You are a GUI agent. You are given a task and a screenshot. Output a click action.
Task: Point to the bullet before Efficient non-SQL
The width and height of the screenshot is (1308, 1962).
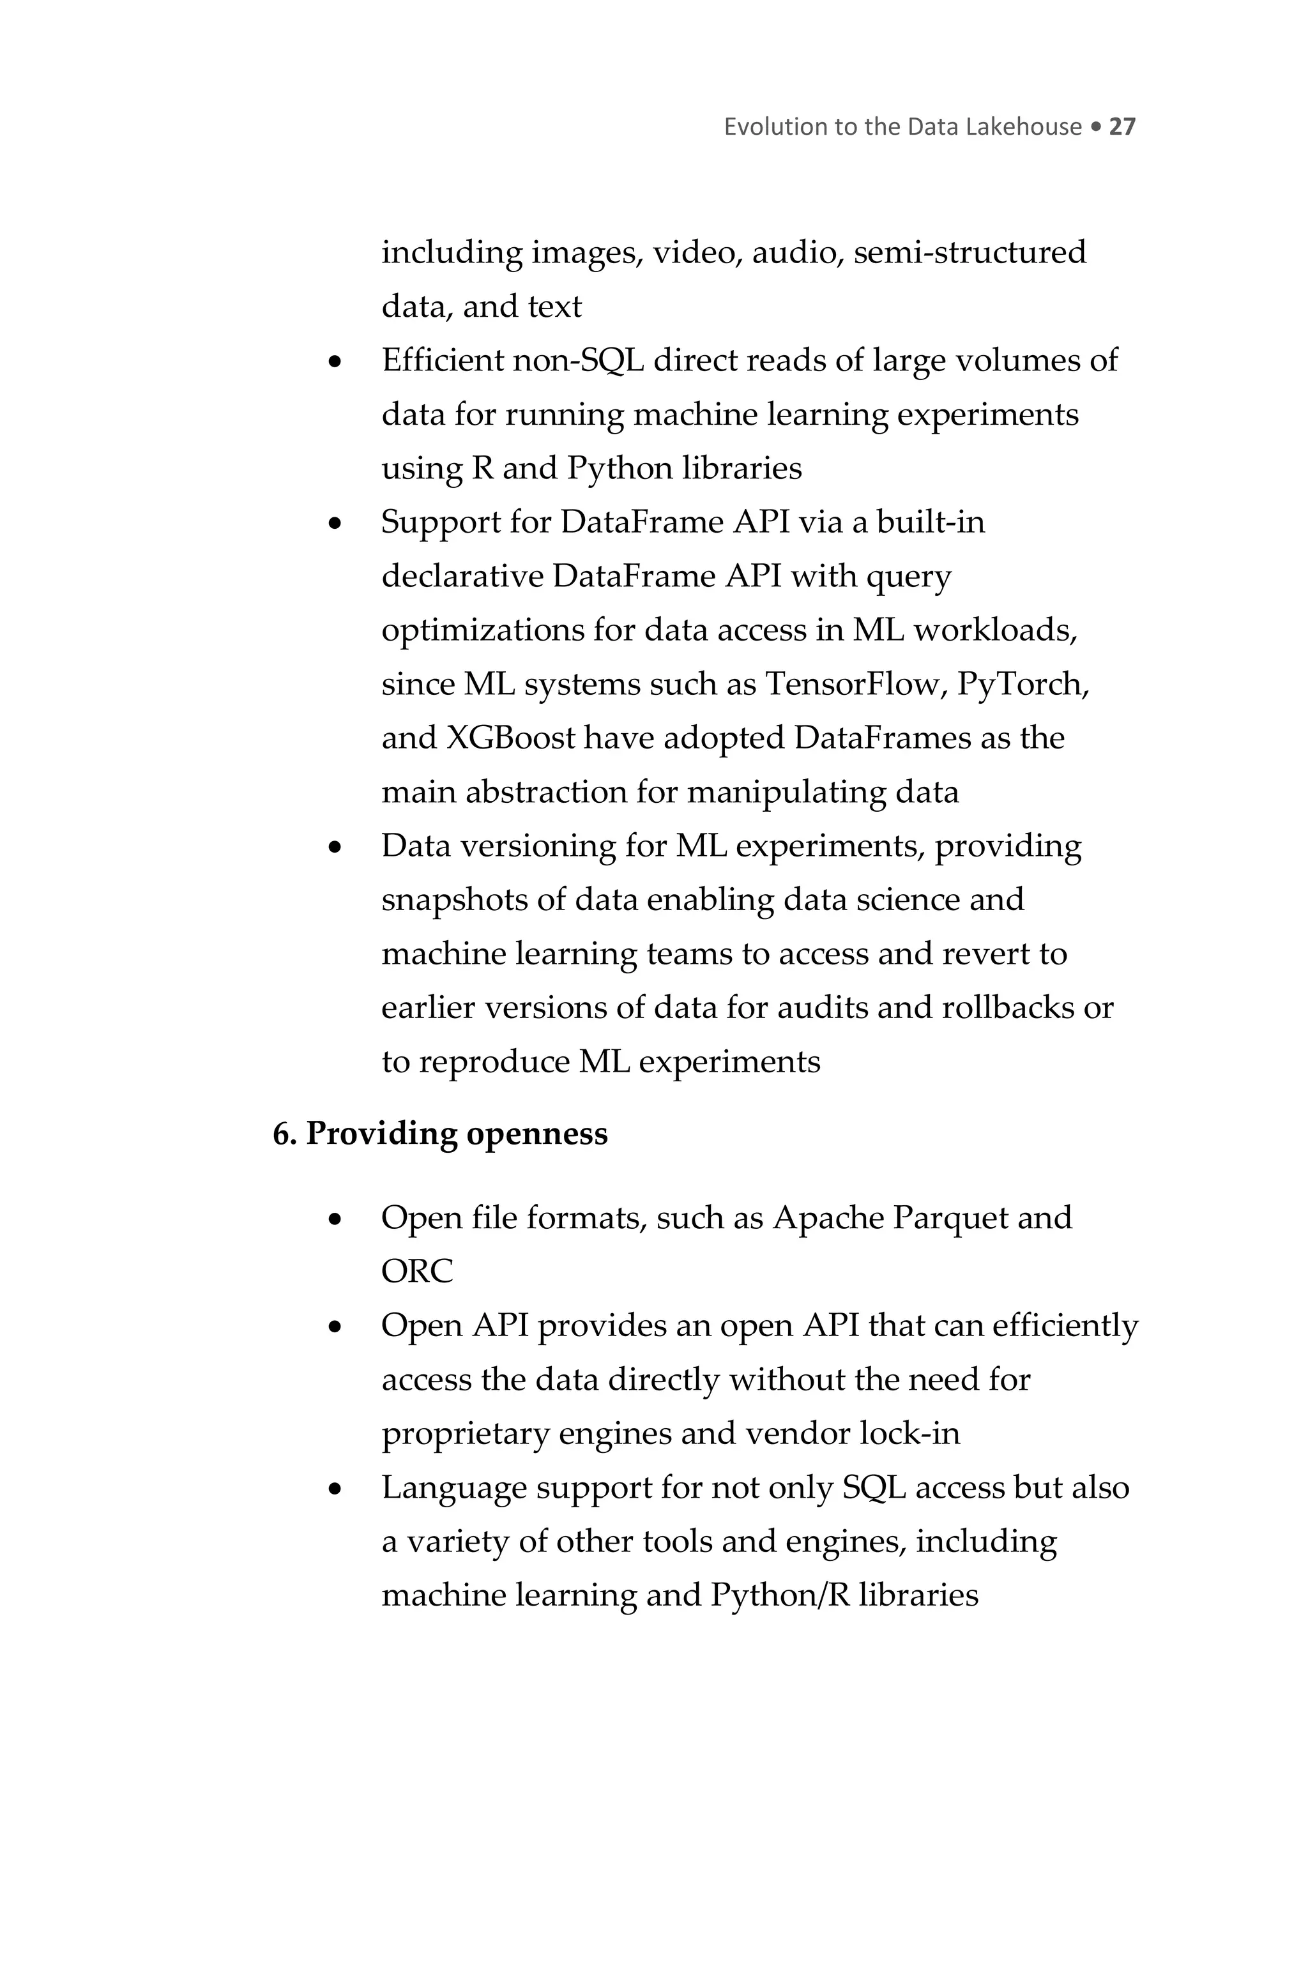[x=335, y=362]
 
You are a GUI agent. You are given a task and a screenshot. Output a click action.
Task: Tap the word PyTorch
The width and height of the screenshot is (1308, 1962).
[x=1023, y=684]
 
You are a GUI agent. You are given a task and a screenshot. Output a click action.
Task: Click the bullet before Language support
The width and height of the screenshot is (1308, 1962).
[x=335, y=1488]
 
